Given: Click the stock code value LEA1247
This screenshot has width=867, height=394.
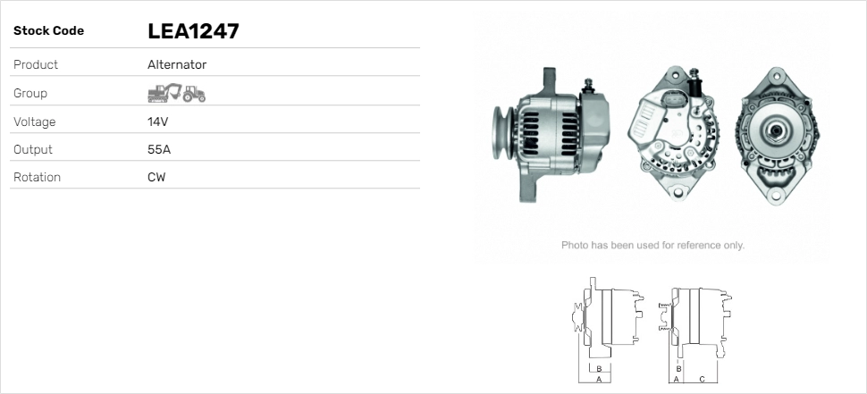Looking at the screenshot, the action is tap(193, 31).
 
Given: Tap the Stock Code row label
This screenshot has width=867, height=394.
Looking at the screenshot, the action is tap(48, 31).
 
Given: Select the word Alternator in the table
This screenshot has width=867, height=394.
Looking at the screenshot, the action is tap(177, 64).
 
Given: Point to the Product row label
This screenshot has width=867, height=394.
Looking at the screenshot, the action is tap(36, 64).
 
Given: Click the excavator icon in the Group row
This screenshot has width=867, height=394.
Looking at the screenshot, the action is tap(164, 93).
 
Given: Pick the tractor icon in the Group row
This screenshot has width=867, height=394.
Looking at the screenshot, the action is tap(194, 94).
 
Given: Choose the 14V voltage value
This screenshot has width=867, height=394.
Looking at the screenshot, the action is tap(157, 122).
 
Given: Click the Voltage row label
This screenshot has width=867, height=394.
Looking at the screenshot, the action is tap(34, 122).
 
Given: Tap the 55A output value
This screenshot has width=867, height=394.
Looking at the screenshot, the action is tap(159, 150).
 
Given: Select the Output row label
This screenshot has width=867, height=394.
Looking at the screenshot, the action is tap(32, 150).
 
